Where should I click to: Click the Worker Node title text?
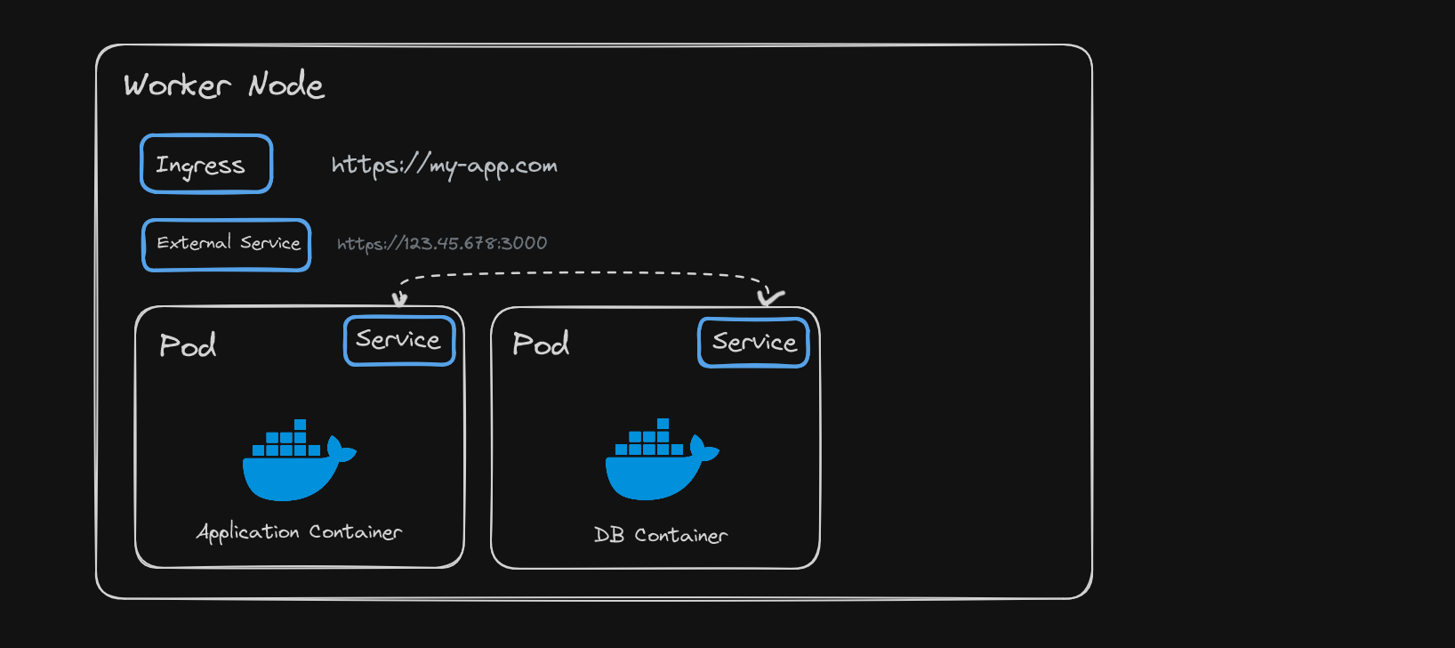(x=224, y=85)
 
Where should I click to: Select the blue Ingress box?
(x=206, y=164)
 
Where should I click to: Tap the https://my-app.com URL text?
(x=444, y=166)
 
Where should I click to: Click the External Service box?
(x=227, y=245)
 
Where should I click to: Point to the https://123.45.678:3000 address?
(x=442, y=243)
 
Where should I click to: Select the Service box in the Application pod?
(x=399, y=340)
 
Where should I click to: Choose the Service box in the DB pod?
(x=753, y=343)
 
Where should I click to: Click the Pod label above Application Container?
(x=188, y=345)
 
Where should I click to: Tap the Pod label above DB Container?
(x=541, y=344)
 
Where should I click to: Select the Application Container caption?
(x=299, y=532)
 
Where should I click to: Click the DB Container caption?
(x=661, y=535)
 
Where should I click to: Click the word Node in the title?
(x=286, y=85)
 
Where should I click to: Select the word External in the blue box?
(x=194, y=243)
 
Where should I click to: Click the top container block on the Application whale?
(x=301, y=425)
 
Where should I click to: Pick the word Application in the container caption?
(x=247, y=532)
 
